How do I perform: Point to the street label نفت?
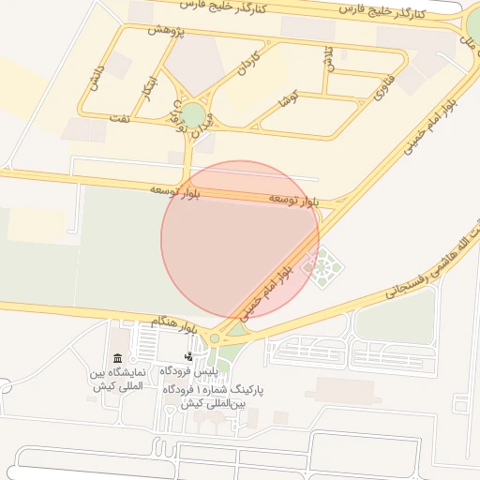click(x=119, y=119)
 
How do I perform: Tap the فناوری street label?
click(x=380, y=88)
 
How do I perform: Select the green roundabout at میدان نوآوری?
click(x=193, y=115)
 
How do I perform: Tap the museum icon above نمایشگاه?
click(x=117, y=358)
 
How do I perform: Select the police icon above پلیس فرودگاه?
click(x=188, y=356)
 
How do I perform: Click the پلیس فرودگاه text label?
click(x=187, y=372)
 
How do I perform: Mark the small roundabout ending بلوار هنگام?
click(x=215, y=338)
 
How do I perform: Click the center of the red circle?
click(x=240, y=240)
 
